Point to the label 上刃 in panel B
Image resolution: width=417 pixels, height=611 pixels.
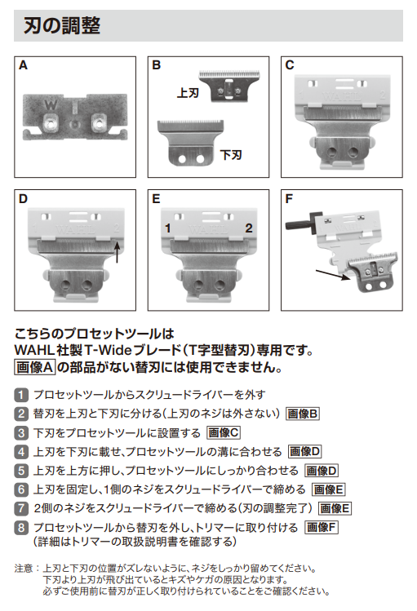pyautogui.click(x=188, y=93)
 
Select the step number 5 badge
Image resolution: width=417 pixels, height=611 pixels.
pyautogui.click(x=21, y=471)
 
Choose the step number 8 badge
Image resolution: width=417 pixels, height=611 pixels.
pyautogui.click(x=21, y=528)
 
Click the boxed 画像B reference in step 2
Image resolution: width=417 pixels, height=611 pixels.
pyautogui.click(x=303, y=413)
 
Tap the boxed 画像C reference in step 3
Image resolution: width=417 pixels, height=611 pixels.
pyautogui.click(x=224, y=432)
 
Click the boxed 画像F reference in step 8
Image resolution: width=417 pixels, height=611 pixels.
pyautogui.click(x=322, y=528)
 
